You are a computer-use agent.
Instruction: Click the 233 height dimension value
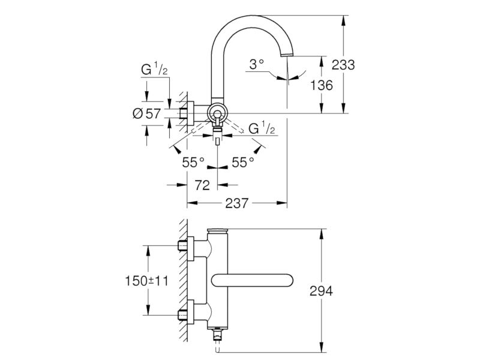(343, 65)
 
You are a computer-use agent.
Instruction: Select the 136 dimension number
(322, 85)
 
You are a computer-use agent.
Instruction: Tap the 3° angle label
(257, 65)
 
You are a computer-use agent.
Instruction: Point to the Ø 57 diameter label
(146, 113)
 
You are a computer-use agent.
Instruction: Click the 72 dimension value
(202, 185)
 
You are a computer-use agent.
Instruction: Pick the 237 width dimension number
(236, 203)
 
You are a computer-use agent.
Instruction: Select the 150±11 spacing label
(146, 280)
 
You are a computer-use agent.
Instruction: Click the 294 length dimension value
(321, 291)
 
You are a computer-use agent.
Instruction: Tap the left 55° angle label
(193, 162)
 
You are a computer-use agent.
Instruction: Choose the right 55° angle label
(243, 162)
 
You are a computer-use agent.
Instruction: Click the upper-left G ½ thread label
(154, 69)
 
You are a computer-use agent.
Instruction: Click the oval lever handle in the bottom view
(252, 281)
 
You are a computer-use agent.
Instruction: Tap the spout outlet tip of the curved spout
(288, 55)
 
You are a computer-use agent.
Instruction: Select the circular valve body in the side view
(217, 113)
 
